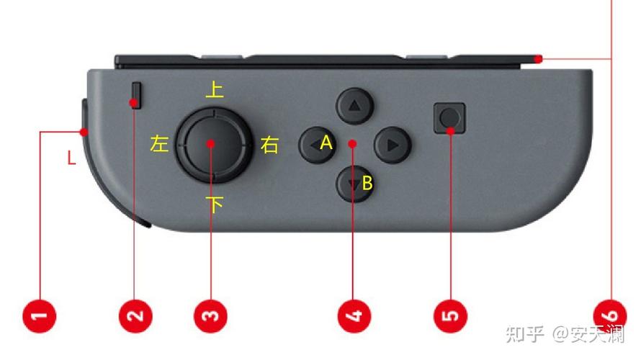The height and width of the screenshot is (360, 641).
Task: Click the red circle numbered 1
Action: [x=39, y=316]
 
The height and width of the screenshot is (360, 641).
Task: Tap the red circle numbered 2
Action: [x=135, y=316]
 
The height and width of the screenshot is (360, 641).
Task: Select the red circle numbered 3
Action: [x=210, y=316]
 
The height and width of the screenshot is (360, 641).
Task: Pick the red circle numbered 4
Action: [x=354, y=316]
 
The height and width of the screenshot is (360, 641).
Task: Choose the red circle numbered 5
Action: [x=450, y=316]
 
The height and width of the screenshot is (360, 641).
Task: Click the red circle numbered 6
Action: [x=610, y=316]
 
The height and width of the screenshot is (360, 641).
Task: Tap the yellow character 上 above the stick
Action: [x=215, y=89]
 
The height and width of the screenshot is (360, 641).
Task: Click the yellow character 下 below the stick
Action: [x=215, y=204]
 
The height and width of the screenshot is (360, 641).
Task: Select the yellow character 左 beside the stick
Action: [x=159, y=144]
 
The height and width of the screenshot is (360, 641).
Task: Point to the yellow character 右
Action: [x=270, y=145]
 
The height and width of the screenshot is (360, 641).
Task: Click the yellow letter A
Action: [x=326, y=143]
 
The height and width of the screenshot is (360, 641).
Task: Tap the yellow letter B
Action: [x=367, y=183]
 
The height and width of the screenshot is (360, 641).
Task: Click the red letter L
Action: [x=71, y=158]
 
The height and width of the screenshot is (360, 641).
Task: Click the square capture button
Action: [x=449, y=118]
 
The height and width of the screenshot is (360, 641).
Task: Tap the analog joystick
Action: [x=213, y=145]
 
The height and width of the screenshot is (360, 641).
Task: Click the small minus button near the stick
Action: [x=137, y=96]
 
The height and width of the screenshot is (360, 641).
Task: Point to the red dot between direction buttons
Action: [x=353, y=144]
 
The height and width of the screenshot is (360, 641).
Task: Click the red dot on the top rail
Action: [x=539, y=59]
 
